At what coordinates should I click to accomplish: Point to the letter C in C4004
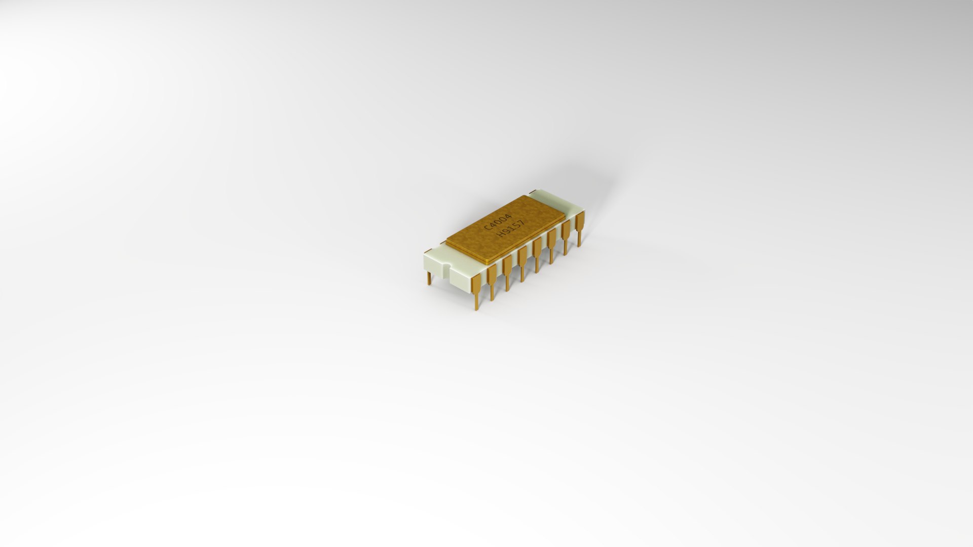point(488,228)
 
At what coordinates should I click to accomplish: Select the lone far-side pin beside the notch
point(429,278)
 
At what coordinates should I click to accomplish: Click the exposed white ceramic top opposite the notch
point(568,209)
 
